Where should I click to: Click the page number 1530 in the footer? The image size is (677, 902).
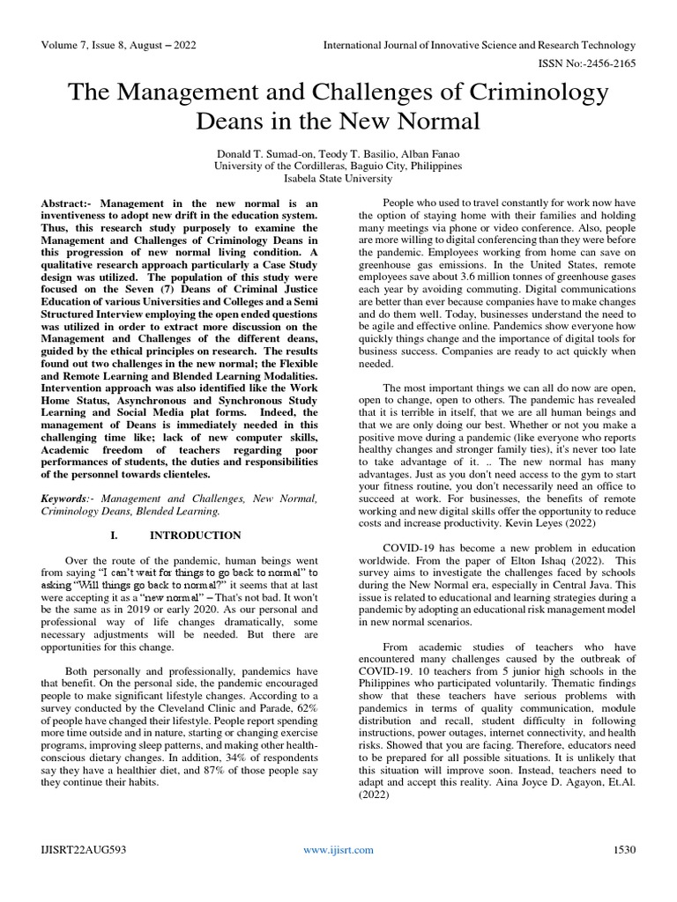pyautogui.click(x=623, y=849)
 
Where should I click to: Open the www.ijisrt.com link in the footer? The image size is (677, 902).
pyautogui.click(x=338, y=849)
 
